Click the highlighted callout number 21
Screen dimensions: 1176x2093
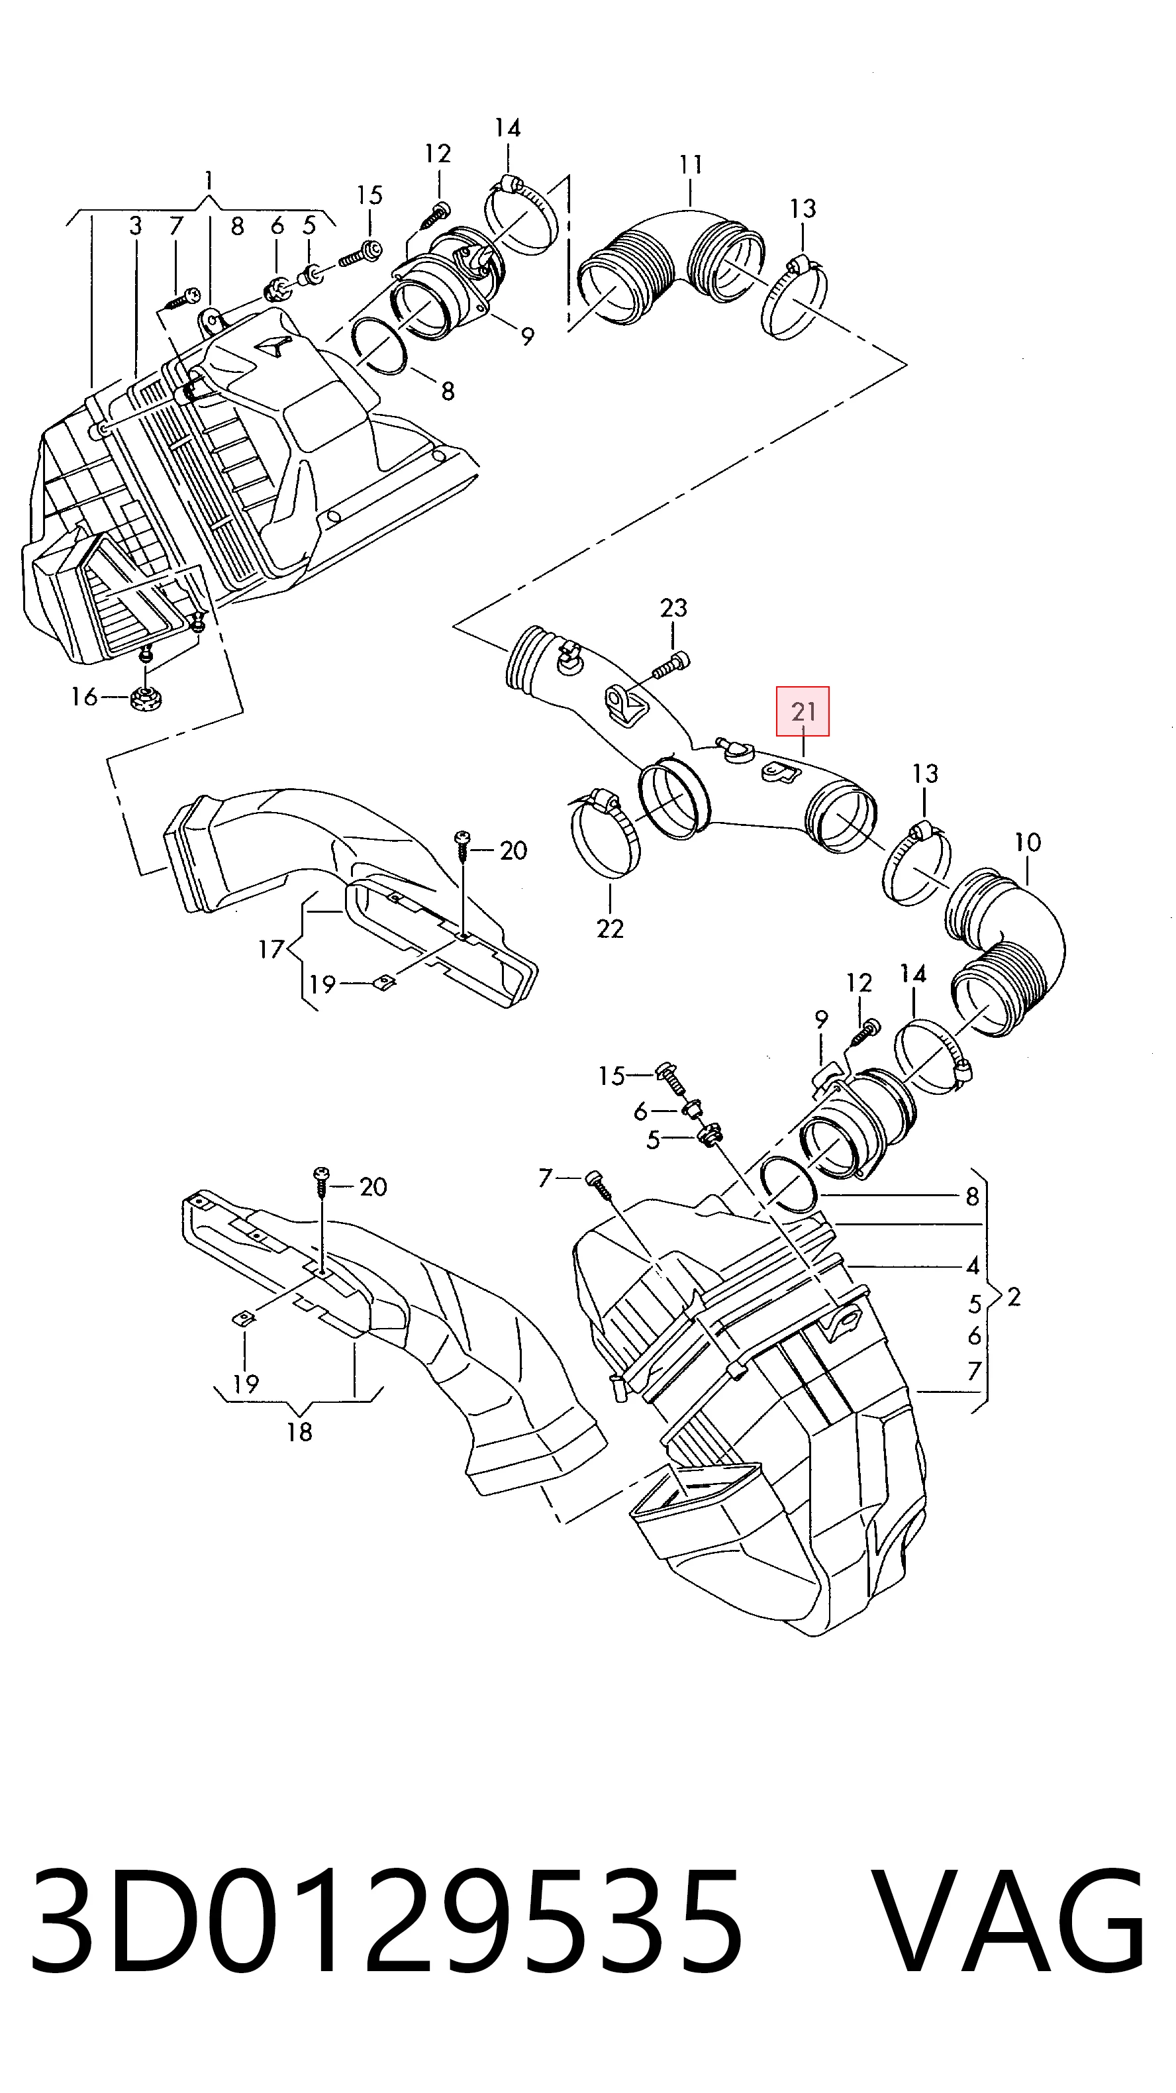click(803, 712)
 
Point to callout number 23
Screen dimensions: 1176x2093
click(673, 608)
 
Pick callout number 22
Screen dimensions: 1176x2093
click(609, 928)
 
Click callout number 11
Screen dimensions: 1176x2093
click(691, 166)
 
